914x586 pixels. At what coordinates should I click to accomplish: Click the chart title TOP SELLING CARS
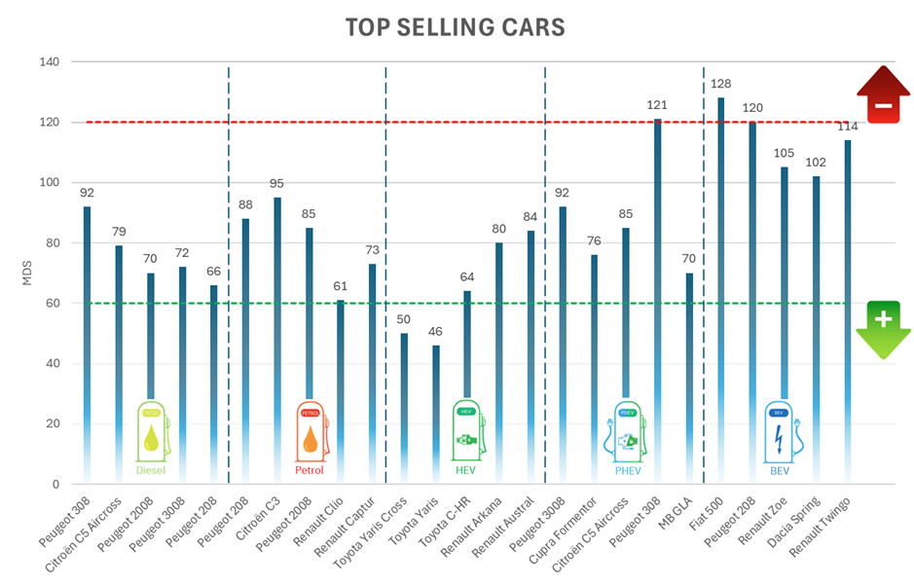pyautogui.click(x=455, y=27)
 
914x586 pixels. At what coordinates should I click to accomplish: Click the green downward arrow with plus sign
pyautogui.click(x=883, y=329)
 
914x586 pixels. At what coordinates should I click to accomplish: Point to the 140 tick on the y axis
pyautogui.click(x=48, y=62)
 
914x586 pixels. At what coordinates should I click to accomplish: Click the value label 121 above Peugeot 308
pyautogui.click(x=658, y=104)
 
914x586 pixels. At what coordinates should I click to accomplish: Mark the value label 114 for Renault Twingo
pyautogui.click(x=848, y=126)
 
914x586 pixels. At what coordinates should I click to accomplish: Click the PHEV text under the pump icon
pyautogui.click(x=628, y=471)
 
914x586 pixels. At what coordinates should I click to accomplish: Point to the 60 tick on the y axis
pyautogui.click(x=51, y=303)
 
